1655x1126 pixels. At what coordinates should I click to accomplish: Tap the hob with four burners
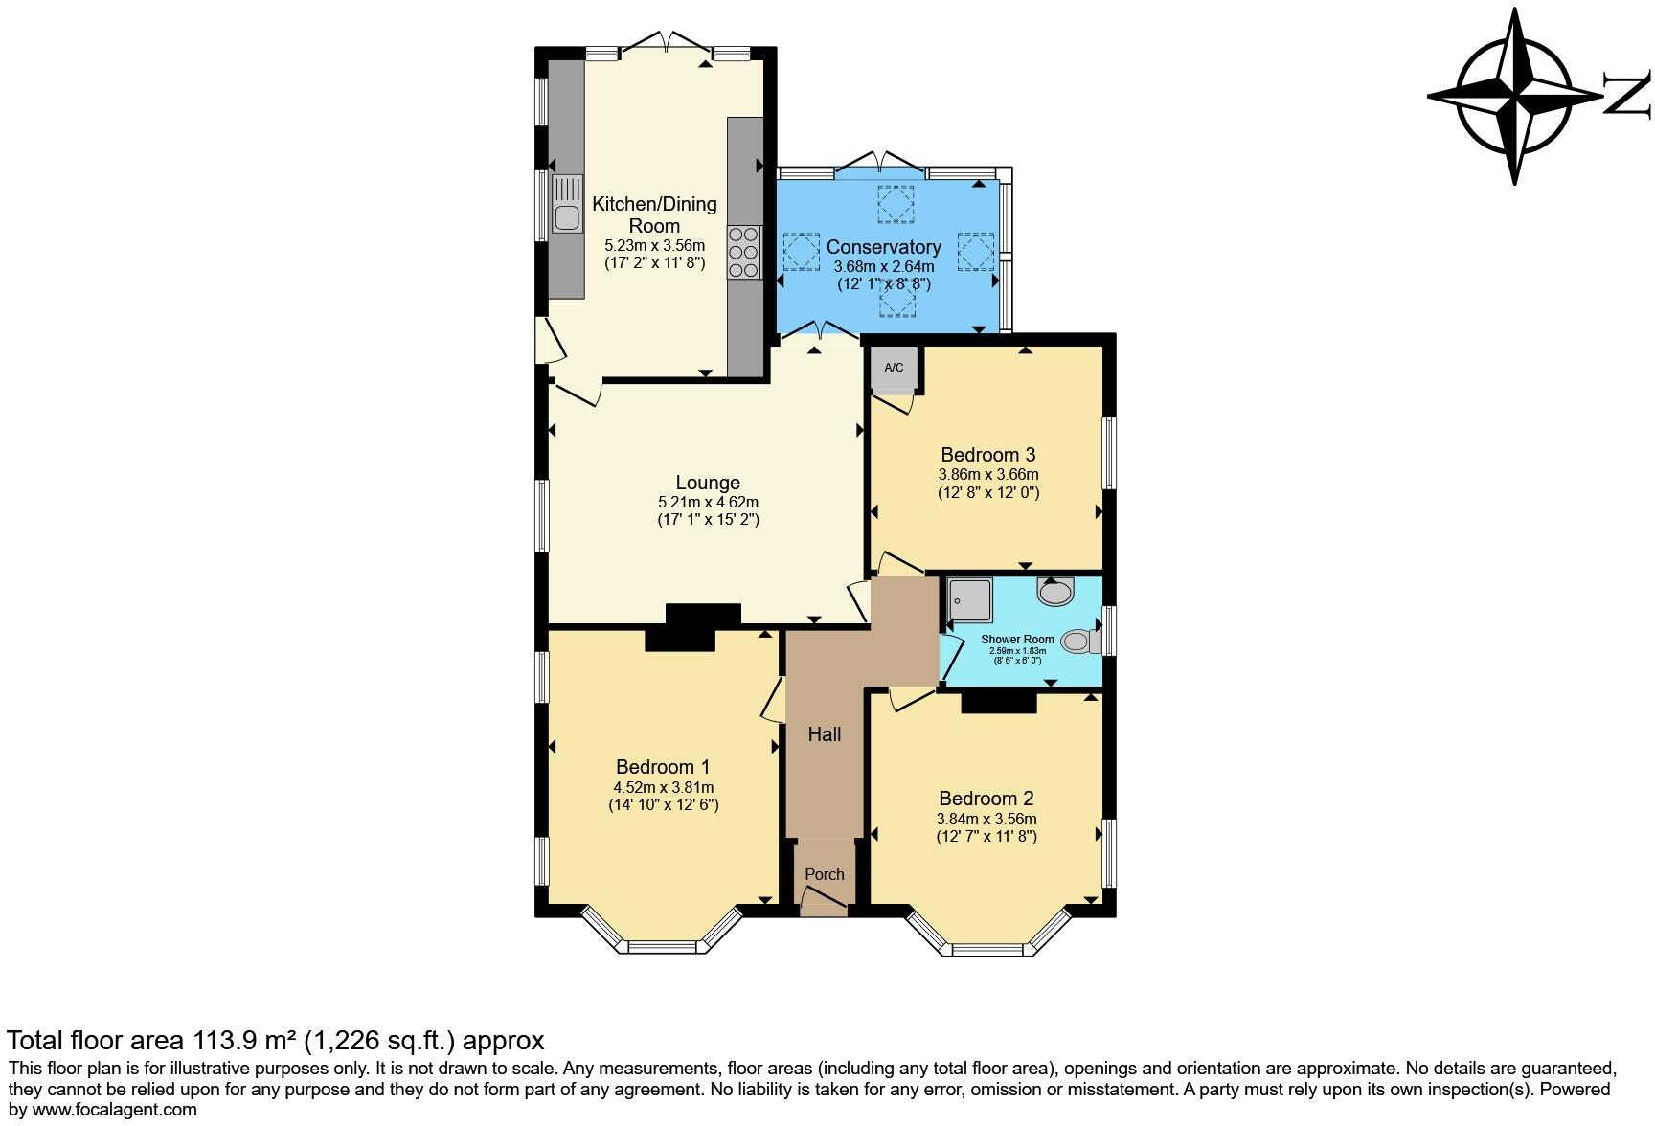click(x=743, y=252)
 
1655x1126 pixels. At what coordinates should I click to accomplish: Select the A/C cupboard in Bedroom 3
click(x=894, y=371)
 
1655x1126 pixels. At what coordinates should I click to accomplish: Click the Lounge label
click(x=708, y=483)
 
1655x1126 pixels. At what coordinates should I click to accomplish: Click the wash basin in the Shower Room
click(x=1055, y=592)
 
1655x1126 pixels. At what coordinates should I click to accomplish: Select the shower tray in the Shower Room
click(x=969, y=600)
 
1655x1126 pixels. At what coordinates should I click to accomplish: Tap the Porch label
click(x=825, y=874)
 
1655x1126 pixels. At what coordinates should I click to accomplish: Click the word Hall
click(x=825, y=734)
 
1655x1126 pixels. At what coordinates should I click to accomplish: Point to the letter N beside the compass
click(x=1627, y=96)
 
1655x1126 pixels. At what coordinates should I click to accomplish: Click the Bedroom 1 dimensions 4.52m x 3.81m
click(x=664, y=787)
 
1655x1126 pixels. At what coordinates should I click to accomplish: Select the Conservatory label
click(x=883, y=247)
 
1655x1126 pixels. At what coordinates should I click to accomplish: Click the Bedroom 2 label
click(x=986, y=799)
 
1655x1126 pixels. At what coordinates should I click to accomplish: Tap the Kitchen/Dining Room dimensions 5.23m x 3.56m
click(x=654, y=245)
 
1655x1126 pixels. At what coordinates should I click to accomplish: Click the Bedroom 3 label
click(x=988, y=455)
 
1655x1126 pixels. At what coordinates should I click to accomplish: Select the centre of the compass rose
click(x=1514, y=96)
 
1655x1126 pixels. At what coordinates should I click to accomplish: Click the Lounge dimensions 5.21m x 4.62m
click(x=708, y=502)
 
